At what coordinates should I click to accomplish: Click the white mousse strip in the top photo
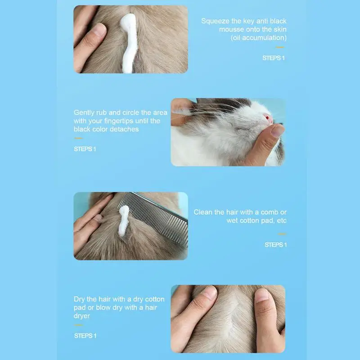(x=129, y=43)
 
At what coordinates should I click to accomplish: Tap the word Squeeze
(x=216, y=21)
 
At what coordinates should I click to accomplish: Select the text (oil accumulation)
(x=259, y=37)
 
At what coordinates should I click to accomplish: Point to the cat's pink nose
(x=268, y=119)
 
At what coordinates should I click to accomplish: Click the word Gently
(x=85, y=112)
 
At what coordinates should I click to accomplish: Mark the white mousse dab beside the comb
(x=123, y=220)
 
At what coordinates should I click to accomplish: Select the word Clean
(x=203, y=212)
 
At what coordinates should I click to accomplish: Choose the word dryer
(x=82, y=316)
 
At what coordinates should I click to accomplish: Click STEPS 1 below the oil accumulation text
(x=274, y=58)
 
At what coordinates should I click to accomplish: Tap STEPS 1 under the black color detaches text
(x=85, y=149)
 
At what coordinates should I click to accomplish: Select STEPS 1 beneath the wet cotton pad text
(x=275, y=245)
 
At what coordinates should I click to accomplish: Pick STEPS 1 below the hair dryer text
(x=85, y=336)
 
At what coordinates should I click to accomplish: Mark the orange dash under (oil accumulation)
(x=280, y=47)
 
